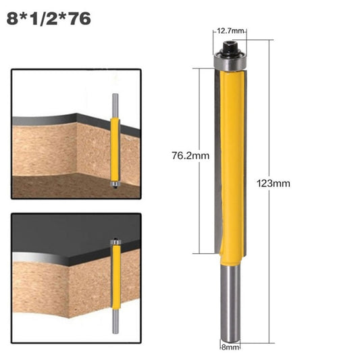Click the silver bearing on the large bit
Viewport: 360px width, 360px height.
[x=231, y=61]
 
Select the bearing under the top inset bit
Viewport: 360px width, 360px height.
[x=114, y=182]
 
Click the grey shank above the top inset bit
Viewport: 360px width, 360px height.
[x=114, y=105]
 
